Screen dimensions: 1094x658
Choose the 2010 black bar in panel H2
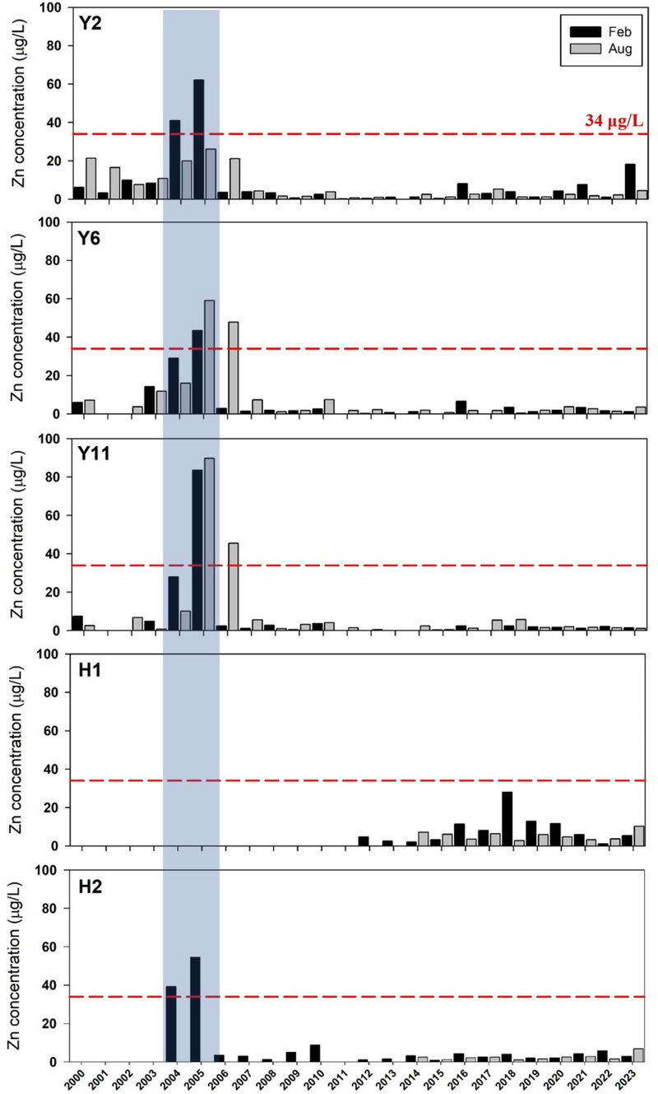[x=315, y=1053]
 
